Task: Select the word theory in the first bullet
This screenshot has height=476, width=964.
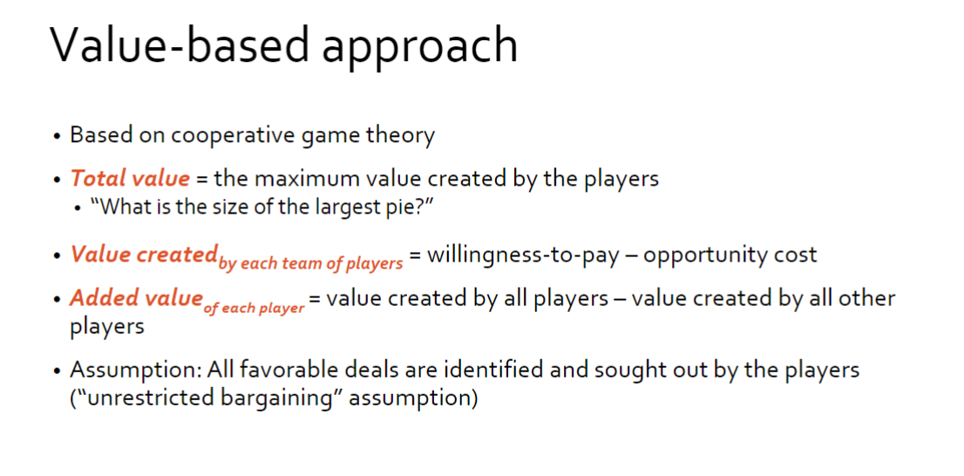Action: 399,136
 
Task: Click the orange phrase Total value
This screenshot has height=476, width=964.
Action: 129,179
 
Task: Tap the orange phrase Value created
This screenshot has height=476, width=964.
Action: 143,255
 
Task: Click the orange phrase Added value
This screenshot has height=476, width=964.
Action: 135,298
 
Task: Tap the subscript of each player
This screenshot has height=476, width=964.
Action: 255,308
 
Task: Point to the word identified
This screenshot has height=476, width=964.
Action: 492,370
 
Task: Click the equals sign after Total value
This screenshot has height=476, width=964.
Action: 200,180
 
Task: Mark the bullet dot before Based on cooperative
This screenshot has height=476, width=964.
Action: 57,137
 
